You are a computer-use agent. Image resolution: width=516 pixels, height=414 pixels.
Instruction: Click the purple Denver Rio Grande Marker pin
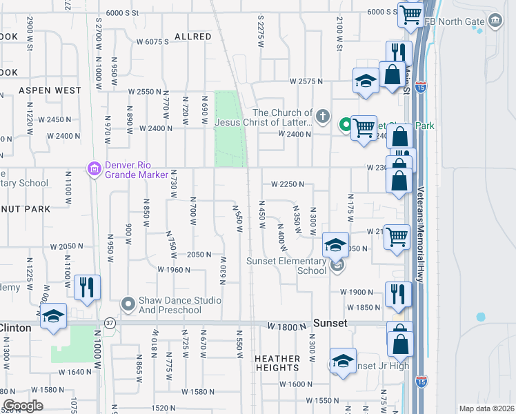pyautogui.click(x=95, y=168)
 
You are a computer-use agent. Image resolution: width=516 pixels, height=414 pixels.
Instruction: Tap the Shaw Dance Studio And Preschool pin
pyautogui.click(x=128, y=304)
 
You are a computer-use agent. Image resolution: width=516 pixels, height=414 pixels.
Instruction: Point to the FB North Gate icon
pyautogui.click(x=495, y=21)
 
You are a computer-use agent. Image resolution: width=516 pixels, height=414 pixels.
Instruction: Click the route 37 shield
pyautogui.click(x=110, y=322)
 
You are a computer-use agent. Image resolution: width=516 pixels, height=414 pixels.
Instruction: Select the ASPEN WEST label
pyautogui.click(x=50, y=90)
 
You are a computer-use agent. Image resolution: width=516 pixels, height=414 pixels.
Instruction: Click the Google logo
pyautogui.click(x=23, y=406)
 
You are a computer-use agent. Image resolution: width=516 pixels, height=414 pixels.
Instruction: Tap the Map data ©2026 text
pyautogui.click(x=486, y=408)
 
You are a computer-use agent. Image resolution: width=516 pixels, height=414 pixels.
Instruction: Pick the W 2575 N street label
pyautogui.click(x=306, y=81)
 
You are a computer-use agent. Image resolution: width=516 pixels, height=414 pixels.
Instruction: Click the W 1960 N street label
pyautogui.click(x=174, y=270)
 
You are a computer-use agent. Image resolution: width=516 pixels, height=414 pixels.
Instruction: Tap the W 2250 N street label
pyautogui.click(x=288, y=185)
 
